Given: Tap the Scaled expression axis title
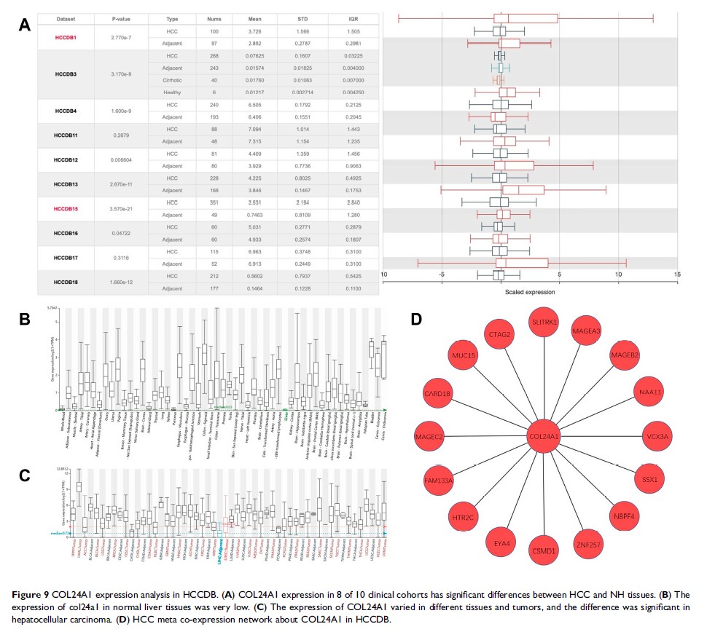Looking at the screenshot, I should click(530, 292).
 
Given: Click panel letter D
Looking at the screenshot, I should click(417, 318).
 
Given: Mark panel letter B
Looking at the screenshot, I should click(24, 318).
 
